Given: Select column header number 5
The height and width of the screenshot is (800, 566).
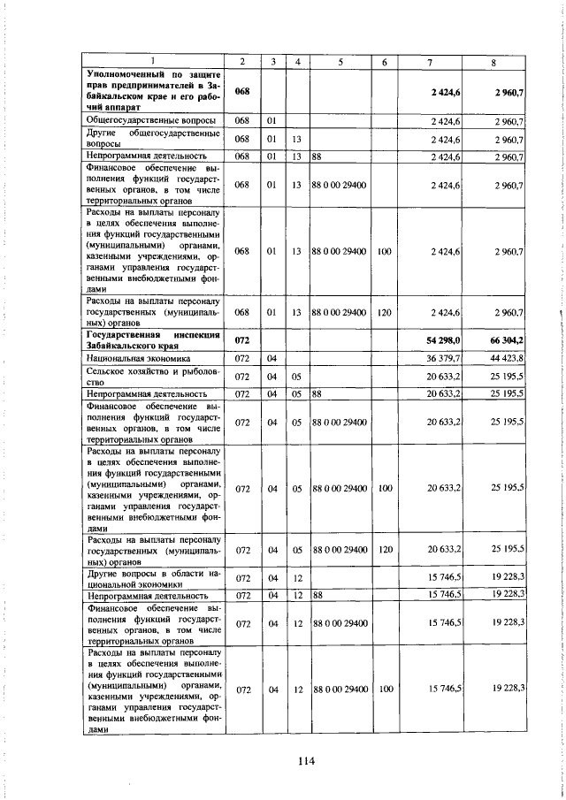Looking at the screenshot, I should coord(340,61).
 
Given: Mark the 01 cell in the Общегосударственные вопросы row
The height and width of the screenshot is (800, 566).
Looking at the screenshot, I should coord(273,119).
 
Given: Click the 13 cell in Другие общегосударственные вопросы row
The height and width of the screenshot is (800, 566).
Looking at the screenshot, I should coord(296,139).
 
